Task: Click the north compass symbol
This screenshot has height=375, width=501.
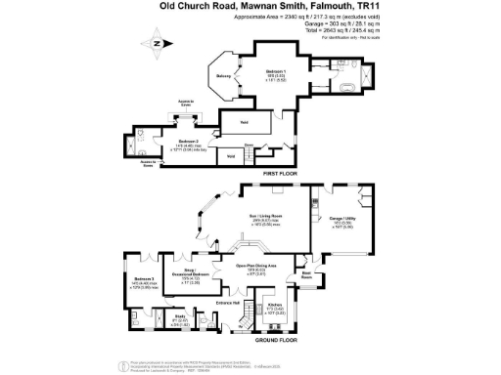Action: [x=156, y=44]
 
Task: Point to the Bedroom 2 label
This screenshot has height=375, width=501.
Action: [x=189, y=141]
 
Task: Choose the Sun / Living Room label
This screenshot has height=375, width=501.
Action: [x=265, y=215]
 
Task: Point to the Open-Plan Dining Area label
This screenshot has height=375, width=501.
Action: [x=257, y=265]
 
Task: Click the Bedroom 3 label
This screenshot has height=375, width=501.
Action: [x=145, y=278]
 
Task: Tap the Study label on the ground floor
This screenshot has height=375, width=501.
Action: [x=180, y=315]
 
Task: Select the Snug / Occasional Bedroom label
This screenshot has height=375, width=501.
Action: [x=193, y=272]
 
